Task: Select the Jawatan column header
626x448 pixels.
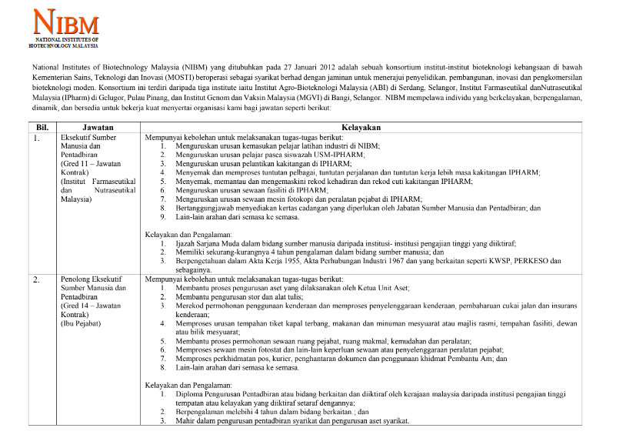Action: tap(98, 127)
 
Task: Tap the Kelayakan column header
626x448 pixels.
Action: tap(373, 127)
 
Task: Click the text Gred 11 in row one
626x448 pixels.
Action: tap(76, 164)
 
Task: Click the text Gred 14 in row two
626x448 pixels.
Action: tap(76, 305)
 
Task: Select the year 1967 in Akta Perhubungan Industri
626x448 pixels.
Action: tap(367, 261)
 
